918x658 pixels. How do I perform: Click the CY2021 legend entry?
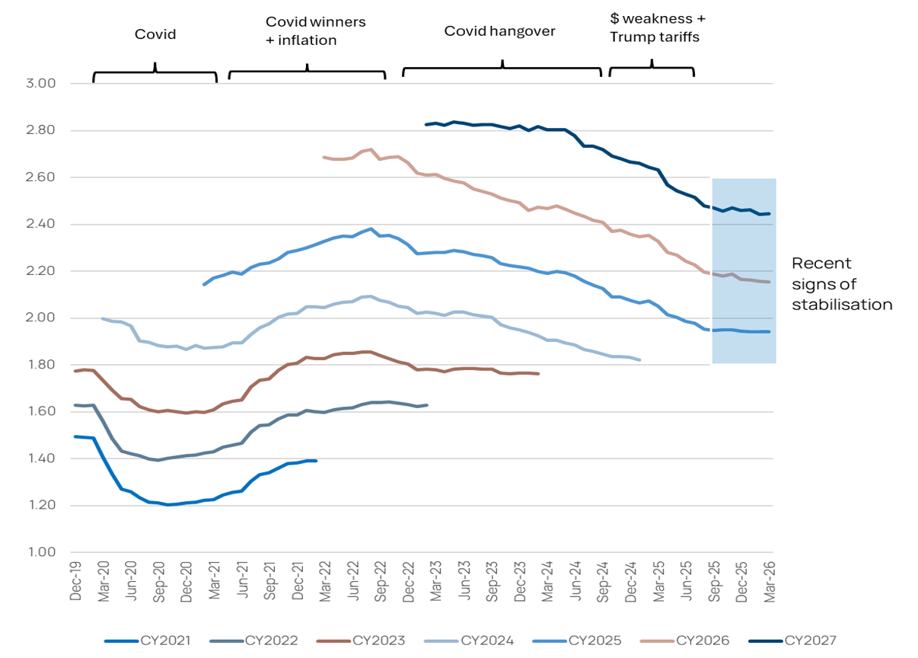[x=148, y=640]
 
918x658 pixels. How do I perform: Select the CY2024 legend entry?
[x=469, y=640]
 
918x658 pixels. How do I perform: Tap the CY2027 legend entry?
[x=792, y=640]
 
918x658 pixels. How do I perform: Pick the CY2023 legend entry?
[x=361, y=640]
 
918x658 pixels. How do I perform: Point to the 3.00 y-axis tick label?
[x=40, y=83]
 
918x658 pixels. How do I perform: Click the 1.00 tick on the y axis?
[x=41, y=552]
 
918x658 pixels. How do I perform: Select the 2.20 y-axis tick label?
[x=40, y=270]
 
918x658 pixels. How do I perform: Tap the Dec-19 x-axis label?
[x=75, y=581]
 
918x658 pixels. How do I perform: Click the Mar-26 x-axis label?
[x=770, y=581]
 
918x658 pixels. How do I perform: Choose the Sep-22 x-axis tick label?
[x=381, y=581]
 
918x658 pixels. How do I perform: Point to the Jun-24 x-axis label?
[x=575, y=581]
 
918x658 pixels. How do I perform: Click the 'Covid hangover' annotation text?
[x=499, y=31]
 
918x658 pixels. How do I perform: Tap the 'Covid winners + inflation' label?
[x=316, y=31]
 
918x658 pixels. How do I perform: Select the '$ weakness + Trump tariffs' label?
[x=658, y=28]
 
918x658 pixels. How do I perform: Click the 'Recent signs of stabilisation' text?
[x=842, y=284]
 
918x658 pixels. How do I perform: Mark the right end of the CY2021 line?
[x=316, y=461]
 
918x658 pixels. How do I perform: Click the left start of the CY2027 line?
[x=426, y=125]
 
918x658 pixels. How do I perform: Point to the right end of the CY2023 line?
[x=538, y=373]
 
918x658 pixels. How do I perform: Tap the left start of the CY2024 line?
[x=102, y=318]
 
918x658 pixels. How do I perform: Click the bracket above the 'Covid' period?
[x=155, y=72]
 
